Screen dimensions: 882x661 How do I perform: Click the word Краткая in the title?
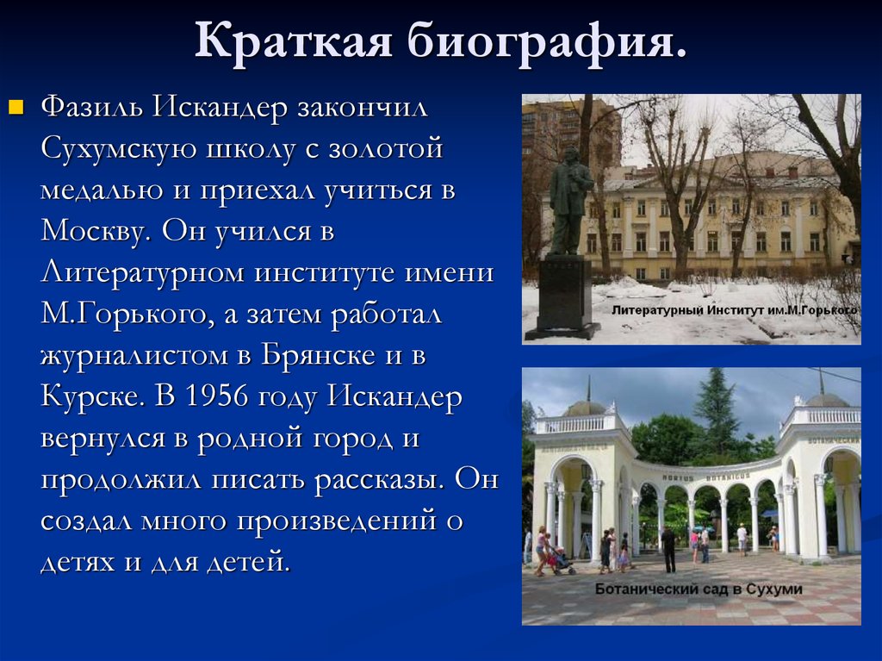[x=293, y=41]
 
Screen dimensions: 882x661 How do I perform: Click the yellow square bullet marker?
[x=16, y=106]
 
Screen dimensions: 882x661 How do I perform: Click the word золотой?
[x=386, y=148]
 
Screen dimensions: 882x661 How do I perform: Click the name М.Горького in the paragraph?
[x=127, y=314]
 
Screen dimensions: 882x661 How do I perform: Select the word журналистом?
[x=134, y=356]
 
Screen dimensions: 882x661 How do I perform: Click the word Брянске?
[x=318, y=355]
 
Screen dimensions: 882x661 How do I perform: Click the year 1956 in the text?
[x=216, y=396]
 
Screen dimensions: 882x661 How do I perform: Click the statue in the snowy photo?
[x=568, y=201]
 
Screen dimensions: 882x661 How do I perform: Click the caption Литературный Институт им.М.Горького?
[x=734, y=310]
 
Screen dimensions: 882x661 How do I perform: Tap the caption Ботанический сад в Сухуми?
[x=699, y=589]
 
